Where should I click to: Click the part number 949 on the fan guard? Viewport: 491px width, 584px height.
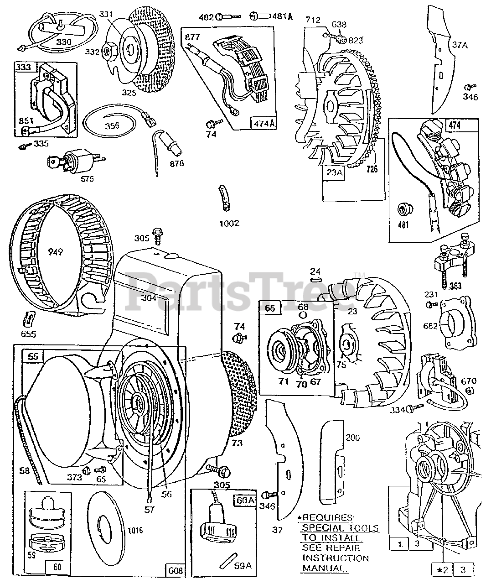(x=54, y=251)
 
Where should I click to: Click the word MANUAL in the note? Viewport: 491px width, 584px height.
(x=324, y=568)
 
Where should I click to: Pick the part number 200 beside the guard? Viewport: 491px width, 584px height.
(x=353, y=438)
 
